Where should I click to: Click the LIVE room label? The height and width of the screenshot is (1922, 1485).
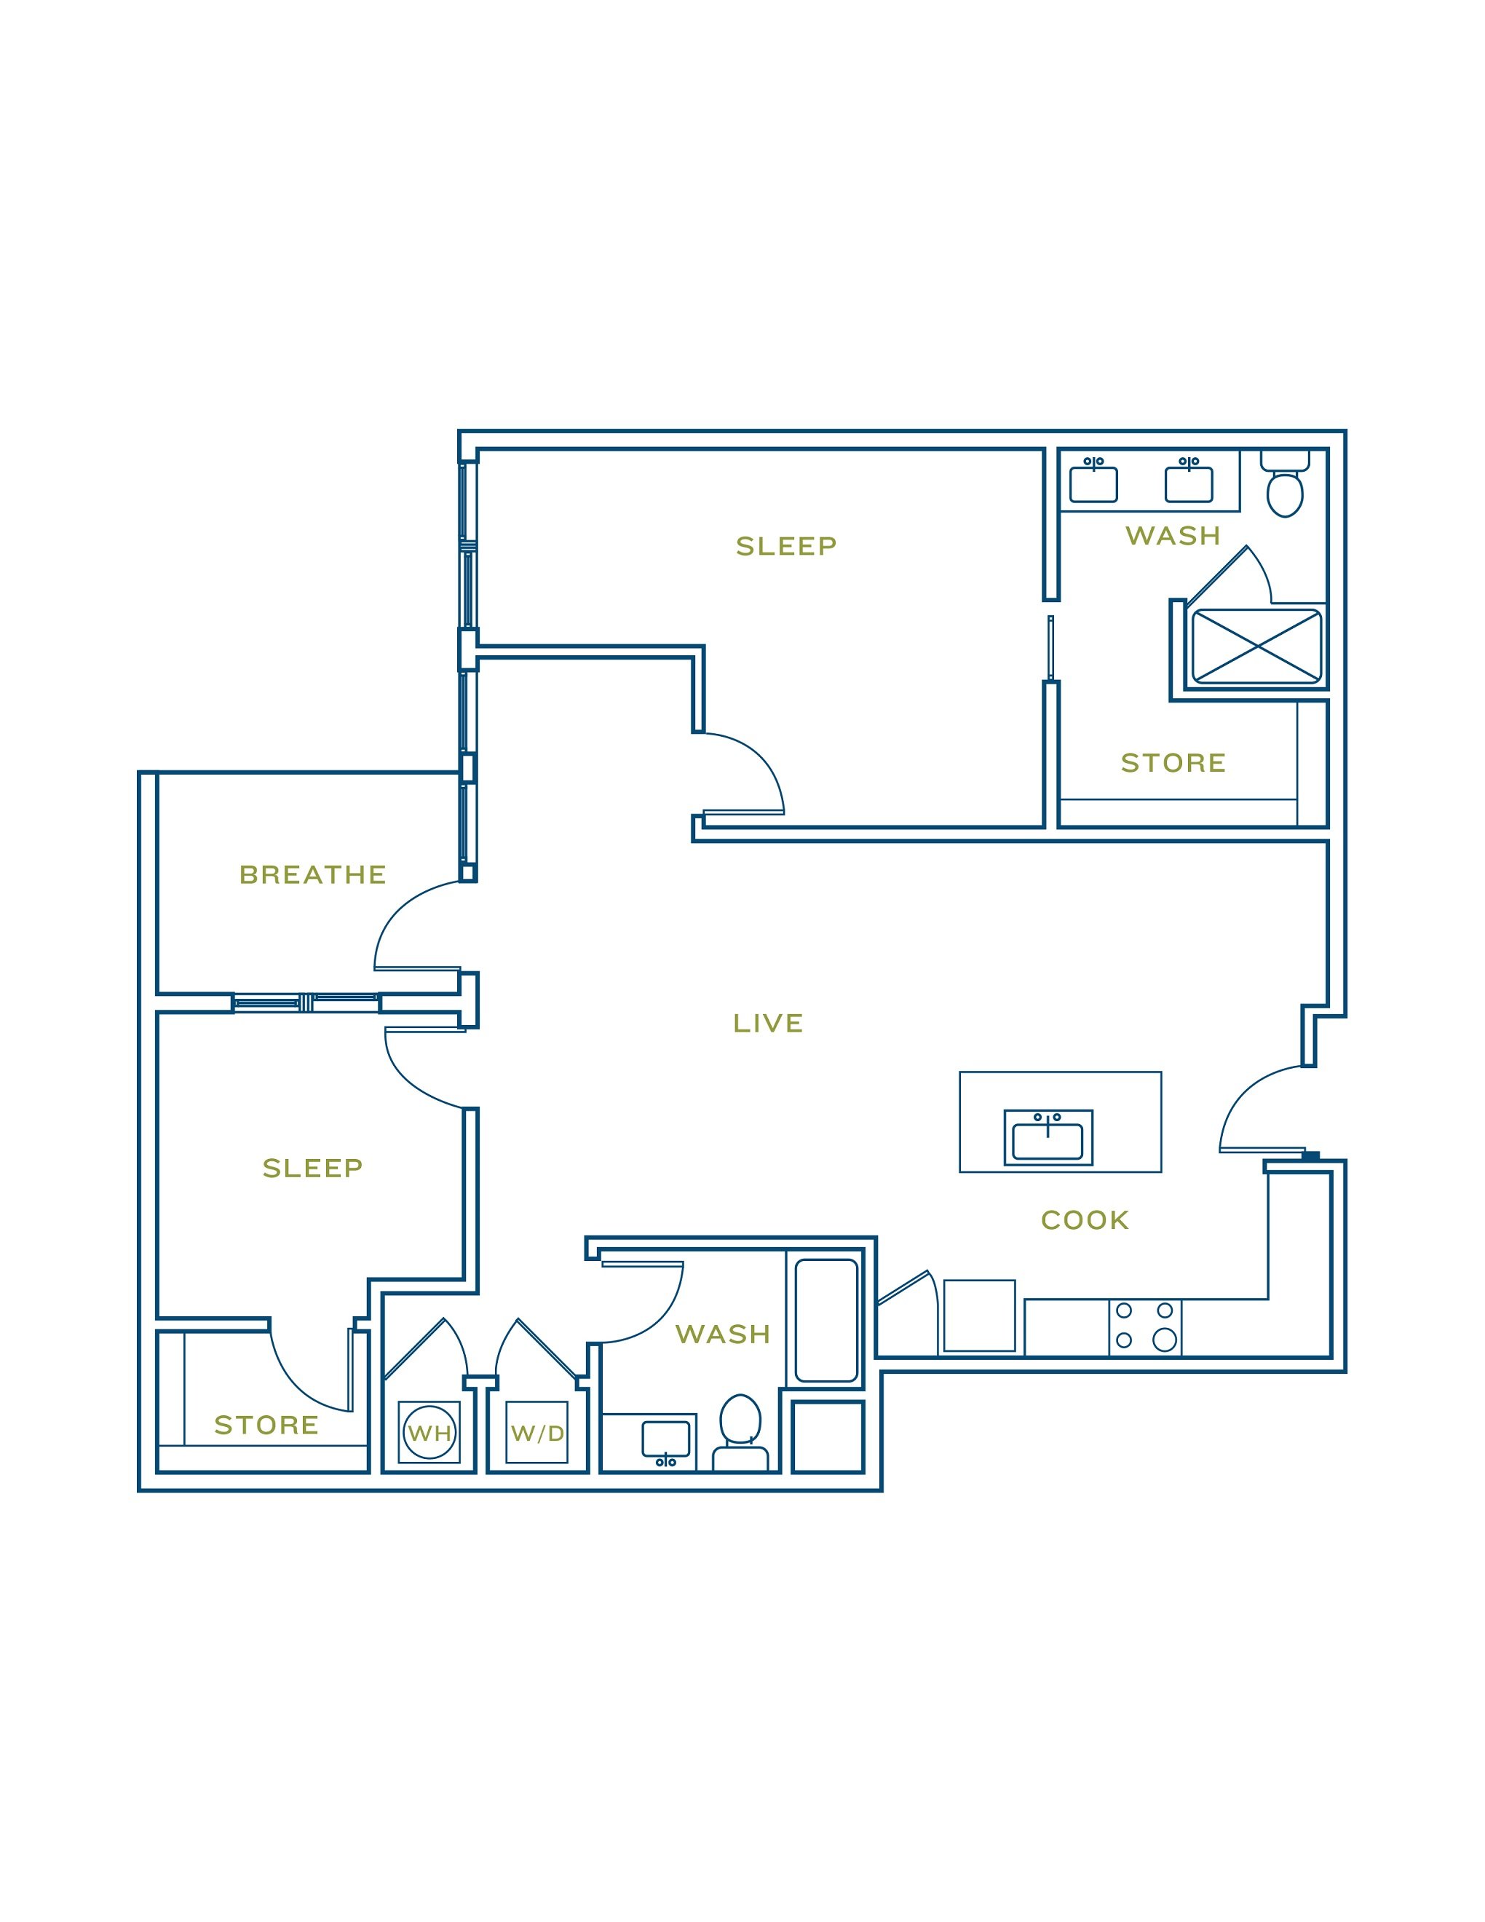tap(768, 1024)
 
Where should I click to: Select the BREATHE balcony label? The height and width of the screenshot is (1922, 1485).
tap(312, 875)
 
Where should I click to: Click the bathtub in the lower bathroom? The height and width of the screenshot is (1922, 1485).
tap(826, 1321)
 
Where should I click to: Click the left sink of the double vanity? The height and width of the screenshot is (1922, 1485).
tap(1093, 483)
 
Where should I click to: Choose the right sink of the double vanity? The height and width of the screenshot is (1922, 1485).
tap(1189, 483)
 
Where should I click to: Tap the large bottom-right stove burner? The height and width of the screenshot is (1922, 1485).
tap(1165, 1340)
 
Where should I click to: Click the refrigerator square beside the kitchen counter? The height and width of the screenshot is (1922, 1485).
tap(979, 1316)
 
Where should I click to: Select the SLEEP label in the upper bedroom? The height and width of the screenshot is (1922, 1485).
tap(786, 547)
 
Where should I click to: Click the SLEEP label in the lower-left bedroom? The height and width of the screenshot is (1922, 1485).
tap(312, 1168)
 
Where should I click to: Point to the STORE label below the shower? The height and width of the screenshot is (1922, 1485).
tap(1173, 763)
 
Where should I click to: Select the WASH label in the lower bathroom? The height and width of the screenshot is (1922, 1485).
tap(723, 1335)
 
